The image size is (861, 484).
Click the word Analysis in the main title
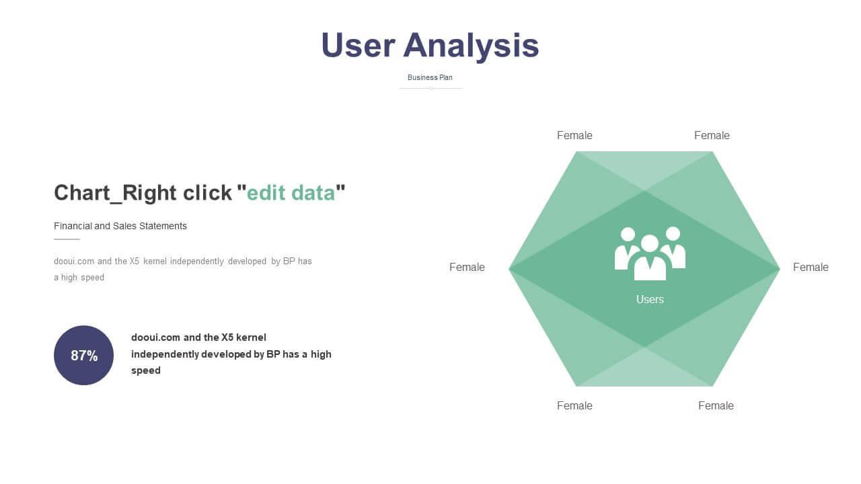pos(472,46)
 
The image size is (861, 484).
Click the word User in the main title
pos(359,45)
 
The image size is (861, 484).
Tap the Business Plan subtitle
pos(430,77)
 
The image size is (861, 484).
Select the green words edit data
pos(291,193)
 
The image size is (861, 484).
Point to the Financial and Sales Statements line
pos(120,226)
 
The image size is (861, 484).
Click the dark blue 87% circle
pos(84,356)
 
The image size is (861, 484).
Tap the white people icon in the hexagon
pos(650,253)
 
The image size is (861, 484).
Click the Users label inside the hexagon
pos(650,300)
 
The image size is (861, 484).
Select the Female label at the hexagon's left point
pos(467,268)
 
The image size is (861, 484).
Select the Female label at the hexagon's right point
pos(811,268)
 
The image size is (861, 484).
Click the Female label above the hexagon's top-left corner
pos(574,136)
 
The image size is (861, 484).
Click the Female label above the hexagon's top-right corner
pos(712,136)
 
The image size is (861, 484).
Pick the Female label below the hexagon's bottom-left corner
pos(574,405)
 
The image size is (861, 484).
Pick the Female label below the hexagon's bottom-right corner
pos(716,405)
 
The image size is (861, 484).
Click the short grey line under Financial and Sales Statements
pos(67,239)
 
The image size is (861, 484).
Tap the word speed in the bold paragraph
pos(146,370)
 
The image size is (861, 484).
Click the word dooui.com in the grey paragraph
pos(74,261)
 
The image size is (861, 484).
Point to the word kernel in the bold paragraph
pos(251,337)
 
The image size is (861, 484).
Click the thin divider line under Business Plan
pos(430,88)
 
